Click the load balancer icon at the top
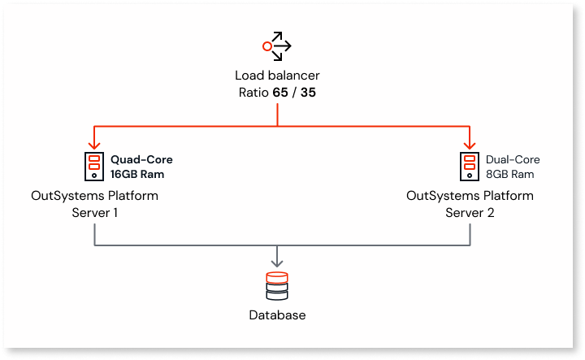277,46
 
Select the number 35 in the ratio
308,93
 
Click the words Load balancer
277,76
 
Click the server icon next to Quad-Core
95,167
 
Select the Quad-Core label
141,160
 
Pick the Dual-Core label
513,160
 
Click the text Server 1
94,212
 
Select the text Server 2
470,212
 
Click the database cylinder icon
277,285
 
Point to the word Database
277,315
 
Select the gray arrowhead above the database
277,262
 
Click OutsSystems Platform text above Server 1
94,196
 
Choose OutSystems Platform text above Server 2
470,196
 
